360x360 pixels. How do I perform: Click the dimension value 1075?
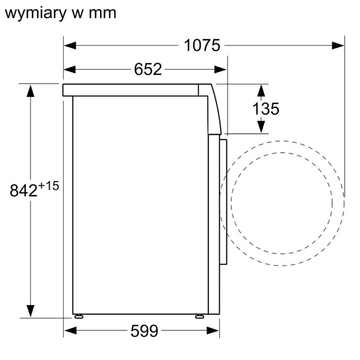tap(202, 45)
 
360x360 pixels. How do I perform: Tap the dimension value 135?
tap(266, 109)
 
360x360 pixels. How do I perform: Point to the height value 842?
tap(24, 190)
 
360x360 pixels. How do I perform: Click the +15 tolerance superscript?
tap(49, 186)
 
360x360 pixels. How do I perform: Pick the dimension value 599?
tap(144, 331)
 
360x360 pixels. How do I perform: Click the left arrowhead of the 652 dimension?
tap(70, 69)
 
